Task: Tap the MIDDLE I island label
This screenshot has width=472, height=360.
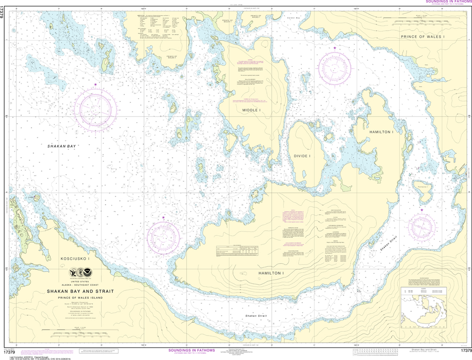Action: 252,111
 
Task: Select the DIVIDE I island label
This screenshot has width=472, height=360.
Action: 302,156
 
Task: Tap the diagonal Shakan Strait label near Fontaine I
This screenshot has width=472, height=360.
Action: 386,242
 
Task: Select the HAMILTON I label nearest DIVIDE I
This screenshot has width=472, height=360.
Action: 381,132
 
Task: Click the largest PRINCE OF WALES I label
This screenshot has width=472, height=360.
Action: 422,36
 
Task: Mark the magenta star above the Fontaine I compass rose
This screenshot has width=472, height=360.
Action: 421,210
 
